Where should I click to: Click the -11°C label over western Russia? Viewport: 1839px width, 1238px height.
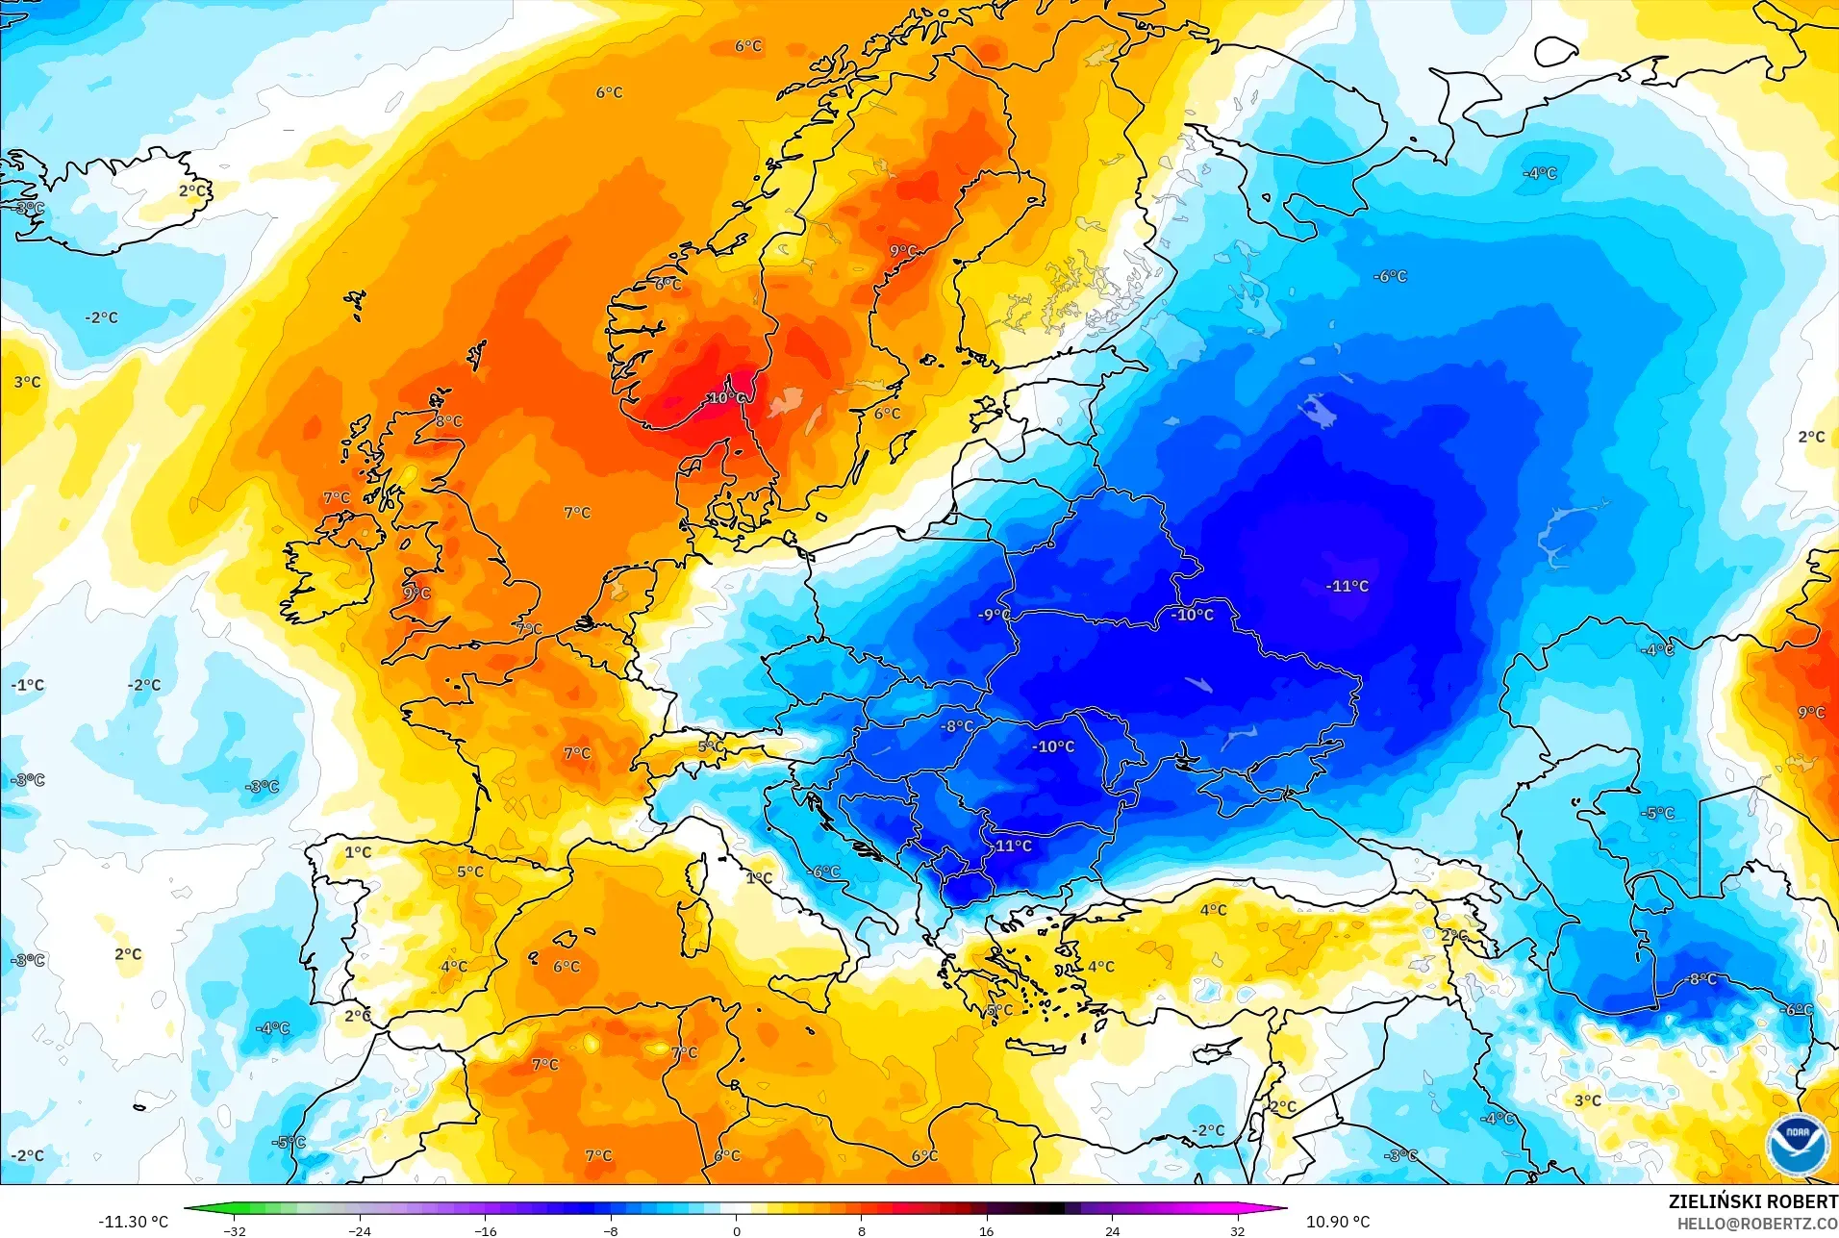coord(1347,586)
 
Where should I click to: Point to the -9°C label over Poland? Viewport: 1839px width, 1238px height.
coord(994,615)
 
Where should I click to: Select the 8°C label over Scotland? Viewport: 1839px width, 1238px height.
coord(448,420)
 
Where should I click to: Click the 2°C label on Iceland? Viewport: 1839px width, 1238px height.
coord(193,190)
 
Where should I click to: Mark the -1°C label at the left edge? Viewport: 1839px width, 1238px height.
coord(28,685)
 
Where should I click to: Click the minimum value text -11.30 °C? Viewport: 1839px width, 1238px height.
coord(133,1222)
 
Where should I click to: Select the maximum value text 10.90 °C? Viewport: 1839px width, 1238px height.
coord(1337,1222)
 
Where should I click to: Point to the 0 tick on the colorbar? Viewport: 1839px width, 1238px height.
coord(737,1230)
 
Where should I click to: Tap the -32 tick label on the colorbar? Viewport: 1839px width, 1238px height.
coord(235,1230)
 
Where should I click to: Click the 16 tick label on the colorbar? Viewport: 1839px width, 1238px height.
coord(986,1230)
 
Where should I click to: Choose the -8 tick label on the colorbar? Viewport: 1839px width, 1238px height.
coord(610,1230)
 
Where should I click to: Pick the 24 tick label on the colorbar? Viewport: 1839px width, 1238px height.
coord(1112,1230)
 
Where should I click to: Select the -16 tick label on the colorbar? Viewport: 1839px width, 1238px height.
coord(485,1230)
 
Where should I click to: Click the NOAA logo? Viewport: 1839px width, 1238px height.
coord(1797,1143)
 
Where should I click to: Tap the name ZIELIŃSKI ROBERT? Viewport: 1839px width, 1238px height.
coord(1752,1201)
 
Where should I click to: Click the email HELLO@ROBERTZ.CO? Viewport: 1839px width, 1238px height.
coord(1757,1224)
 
